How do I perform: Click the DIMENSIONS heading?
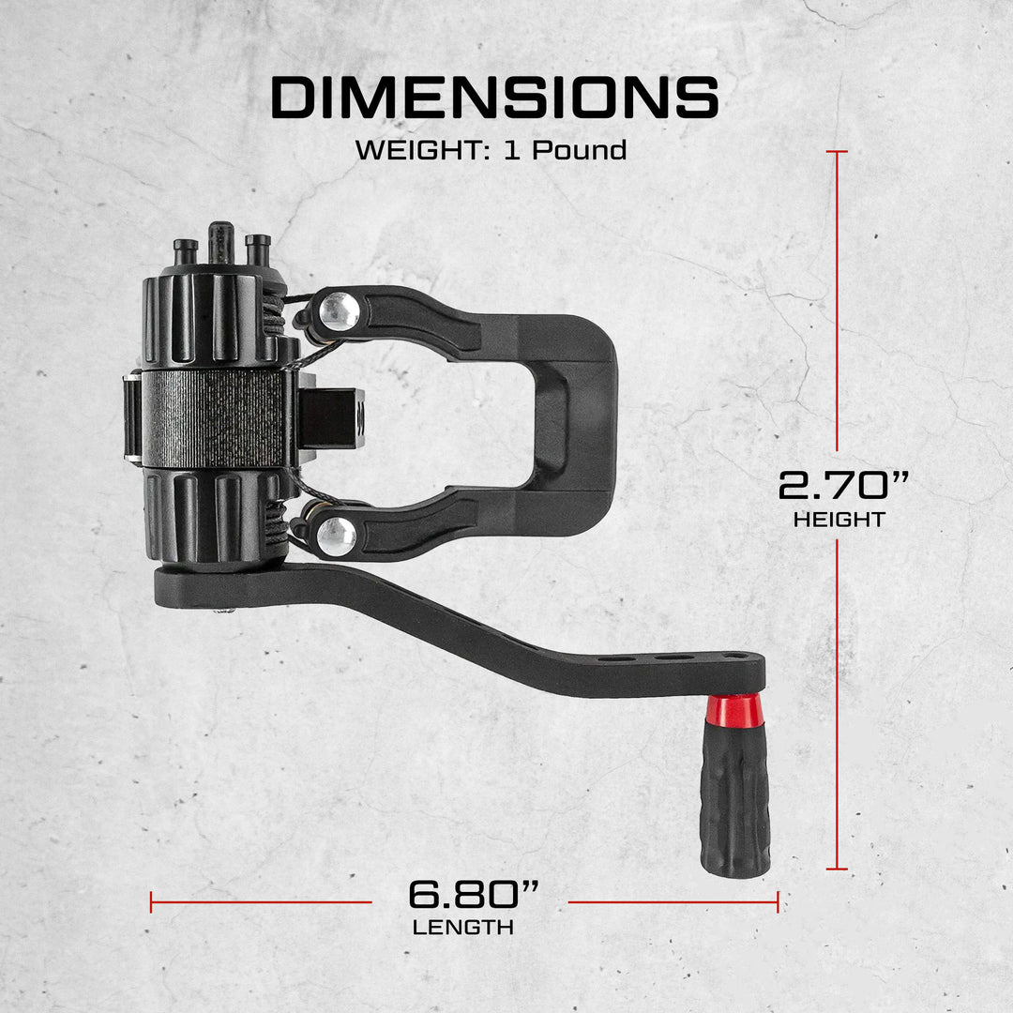coord(494,98)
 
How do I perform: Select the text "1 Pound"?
coord(565,150)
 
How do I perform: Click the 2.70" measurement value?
coord(843,486)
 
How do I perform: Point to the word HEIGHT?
coord(839,520)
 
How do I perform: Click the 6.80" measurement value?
coord(474,895)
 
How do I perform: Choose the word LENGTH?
coord(462,928)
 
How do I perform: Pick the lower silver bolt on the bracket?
coord(335,535)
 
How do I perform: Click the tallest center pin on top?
coord(221,242)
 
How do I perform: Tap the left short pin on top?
coord(186,250)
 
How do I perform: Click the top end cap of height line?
coord(838,151)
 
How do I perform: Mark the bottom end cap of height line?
coord(838,869)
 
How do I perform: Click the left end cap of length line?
coord(151,902)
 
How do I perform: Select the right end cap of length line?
coord(778,902)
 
